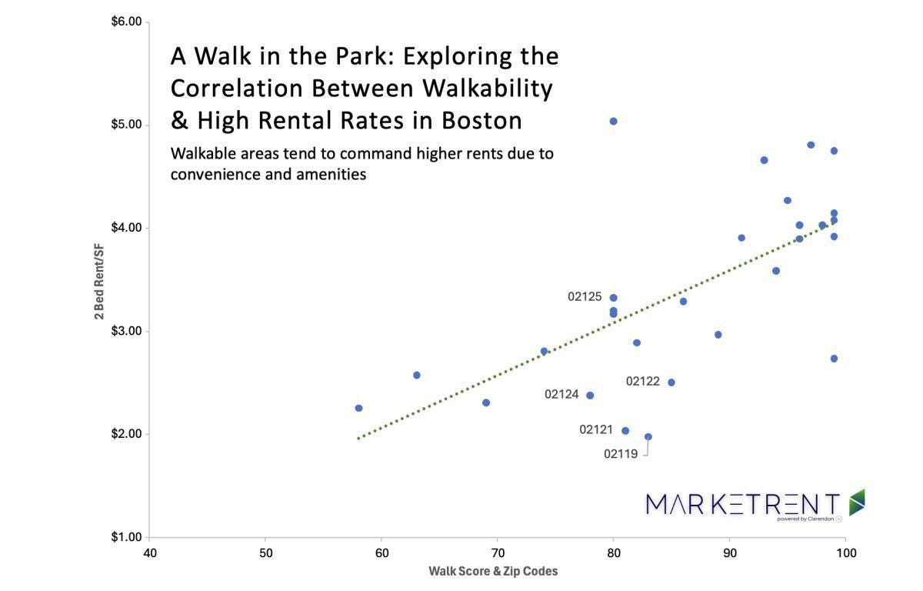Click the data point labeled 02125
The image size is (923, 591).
613,298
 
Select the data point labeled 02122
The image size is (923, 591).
671,382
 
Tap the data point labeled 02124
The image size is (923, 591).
590,396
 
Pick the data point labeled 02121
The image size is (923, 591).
625,431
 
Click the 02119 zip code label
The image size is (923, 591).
621,454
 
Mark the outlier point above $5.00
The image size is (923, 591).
613,122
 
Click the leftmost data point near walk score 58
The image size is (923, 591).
358,408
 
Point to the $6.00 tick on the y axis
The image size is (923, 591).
126,22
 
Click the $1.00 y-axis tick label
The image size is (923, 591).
126,537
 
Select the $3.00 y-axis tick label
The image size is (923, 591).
126,331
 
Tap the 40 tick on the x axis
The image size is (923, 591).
150,553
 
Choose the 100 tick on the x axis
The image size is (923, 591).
845,553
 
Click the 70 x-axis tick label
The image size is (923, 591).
497,553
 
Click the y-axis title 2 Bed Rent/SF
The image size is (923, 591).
99,282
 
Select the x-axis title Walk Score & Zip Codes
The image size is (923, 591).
493,571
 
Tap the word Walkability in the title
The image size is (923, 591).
487,88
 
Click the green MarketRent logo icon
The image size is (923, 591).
856,502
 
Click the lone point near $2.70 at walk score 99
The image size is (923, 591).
834,359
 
